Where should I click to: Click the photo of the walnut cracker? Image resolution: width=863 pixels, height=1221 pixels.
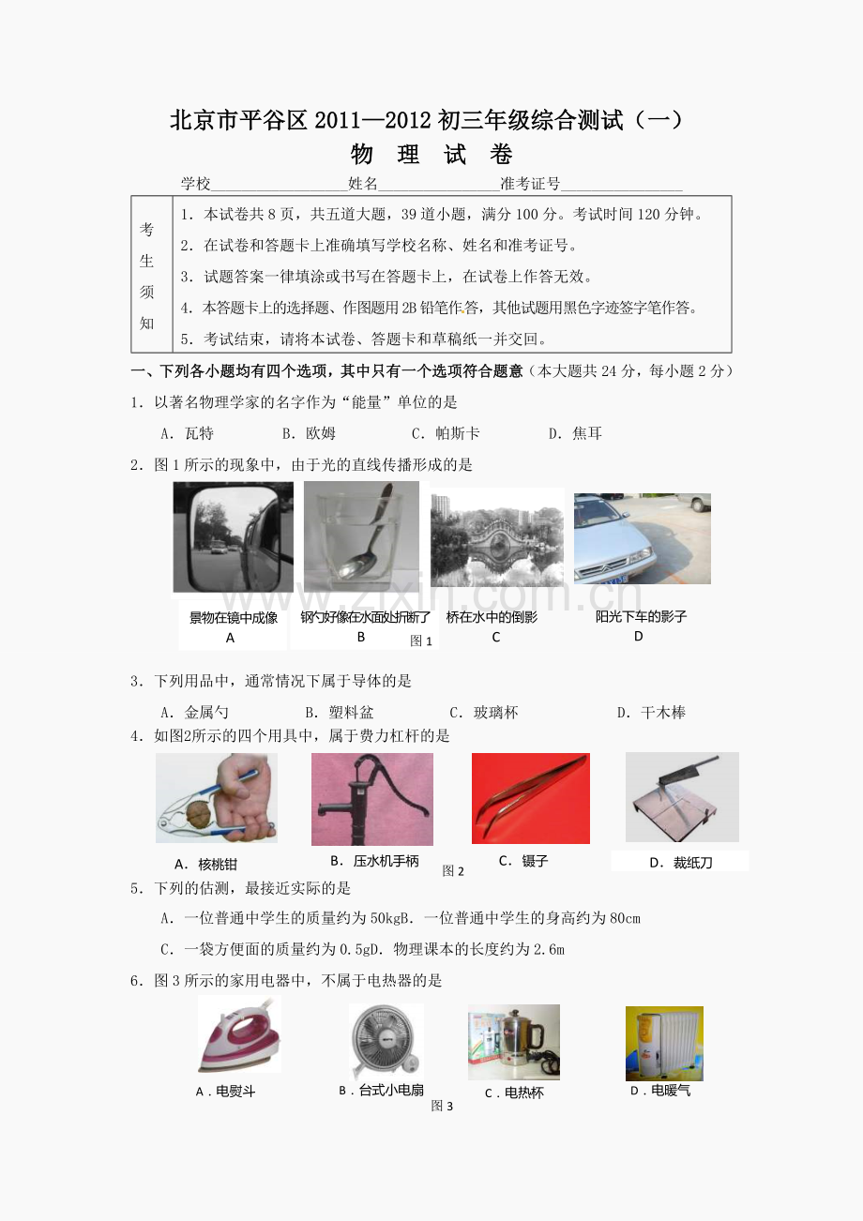tap(217, 797)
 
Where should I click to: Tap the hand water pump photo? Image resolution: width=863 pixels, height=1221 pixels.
tap(372, 799)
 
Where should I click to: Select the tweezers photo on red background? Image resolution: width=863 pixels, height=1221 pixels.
tap(530, 798)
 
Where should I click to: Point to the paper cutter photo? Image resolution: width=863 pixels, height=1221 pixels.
tap(682, 797)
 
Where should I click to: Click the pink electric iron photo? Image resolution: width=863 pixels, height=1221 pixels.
tap(239, 1033)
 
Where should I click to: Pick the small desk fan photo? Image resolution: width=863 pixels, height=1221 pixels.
tap(386, 1042)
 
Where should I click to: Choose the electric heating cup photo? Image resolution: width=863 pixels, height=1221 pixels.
tap(513, 1042)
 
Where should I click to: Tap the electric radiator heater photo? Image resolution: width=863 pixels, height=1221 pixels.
tap(664, 1044)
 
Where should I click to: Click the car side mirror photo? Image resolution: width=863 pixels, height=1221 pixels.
tap(234, 537)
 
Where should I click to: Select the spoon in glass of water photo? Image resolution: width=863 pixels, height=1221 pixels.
tap(361, 536)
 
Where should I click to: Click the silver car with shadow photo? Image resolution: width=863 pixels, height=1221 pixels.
tap(643, 538)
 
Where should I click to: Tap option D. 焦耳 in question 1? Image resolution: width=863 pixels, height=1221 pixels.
tap(575, 433)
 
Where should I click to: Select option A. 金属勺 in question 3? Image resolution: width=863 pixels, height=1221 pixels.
tap(194, 712)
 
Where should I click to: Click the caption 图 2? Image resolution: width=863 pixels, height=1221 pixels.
tap(452, 871)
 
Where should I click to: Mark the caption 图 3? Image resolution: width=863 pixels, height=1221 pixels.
tap(442, 1106)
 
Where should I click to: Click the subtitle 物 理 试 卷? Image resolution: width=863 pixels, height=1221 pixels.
tap(431, 154)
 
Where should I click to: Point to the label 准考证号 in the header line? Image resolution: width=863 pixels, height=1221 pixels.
tap(530, 184)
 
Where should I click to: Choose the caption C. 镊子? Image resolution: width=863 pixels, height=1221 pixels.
tap(522, 861)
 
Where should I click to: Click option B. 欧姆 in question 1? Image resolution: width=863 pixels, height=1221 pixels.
tap(309, 433)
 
